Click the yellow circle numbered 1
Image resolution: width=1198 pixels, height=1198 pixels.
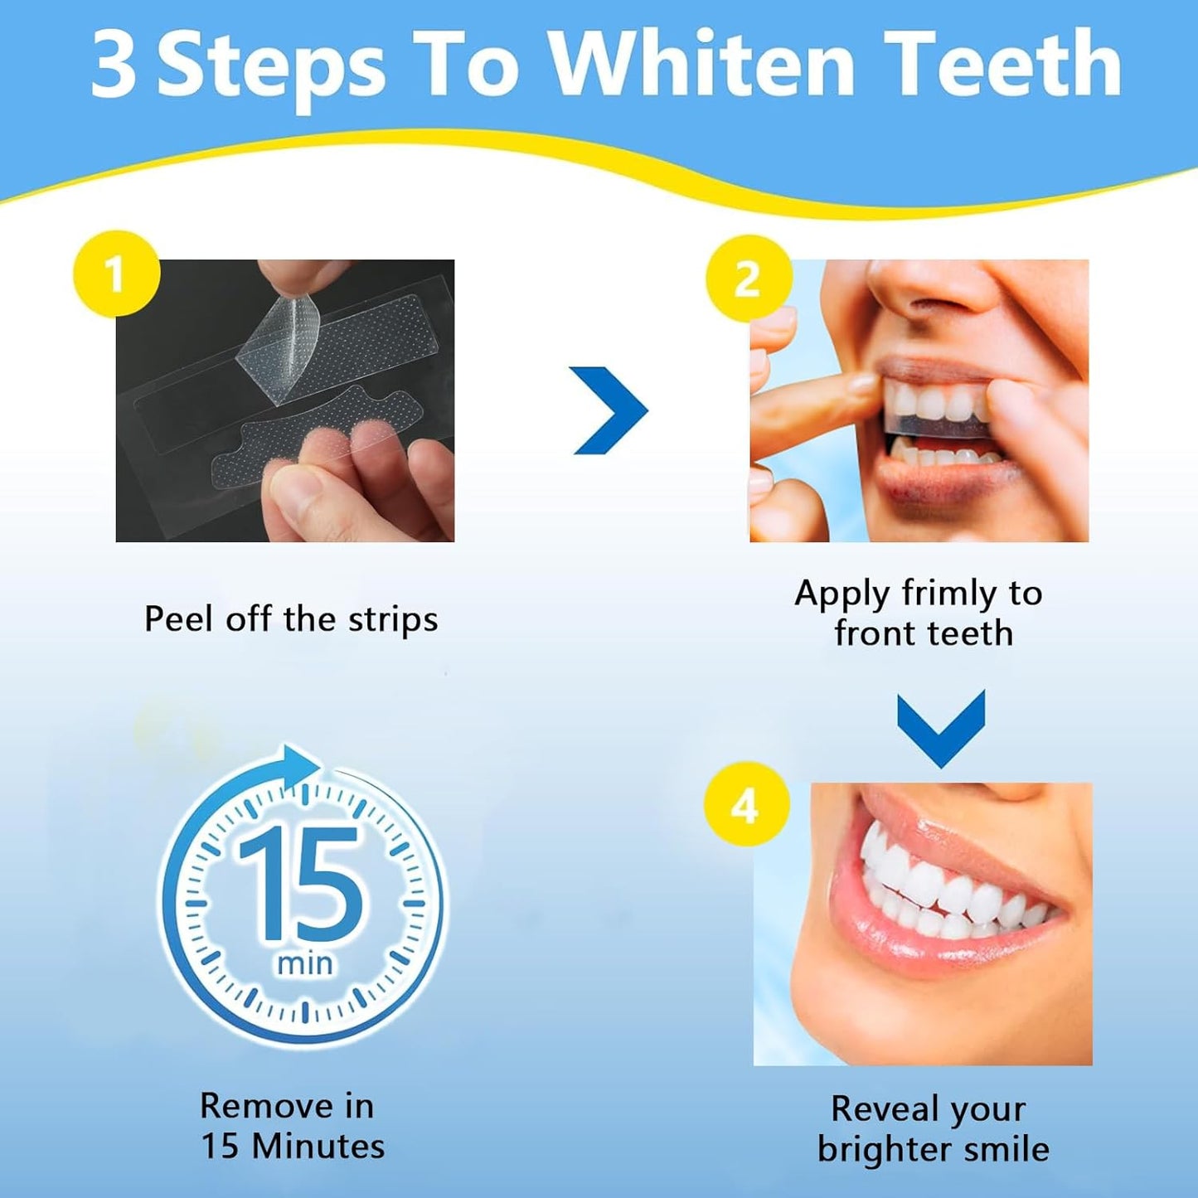(116, 274)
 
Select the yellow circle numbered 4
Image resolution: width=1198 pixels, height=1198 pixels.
(745, 804)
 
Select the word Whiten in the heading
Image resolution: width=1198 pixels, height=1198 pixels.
(702, 65)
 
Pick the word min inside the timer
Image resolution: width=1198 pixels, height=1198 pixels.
(305, 963)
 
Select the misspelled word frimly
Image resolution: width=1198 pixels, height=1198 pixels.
(949, 594)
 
